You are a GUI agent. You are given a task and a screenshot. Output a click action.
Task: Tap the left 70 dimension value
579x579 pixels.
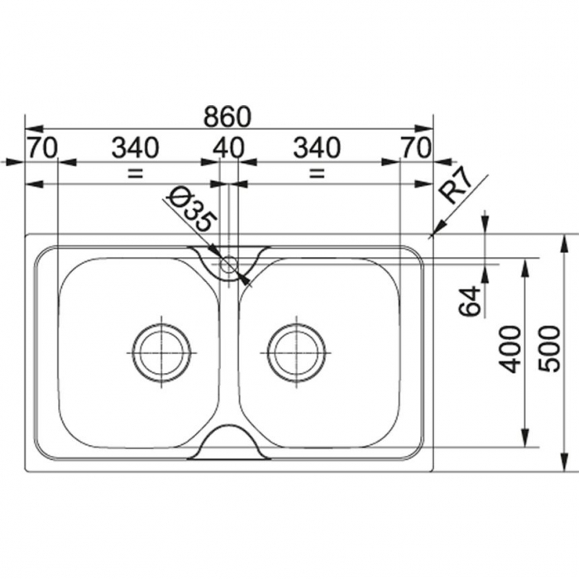click(x=43, y=148)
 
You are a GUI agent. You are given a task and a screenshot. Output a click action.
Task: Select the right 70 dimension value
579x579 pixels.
click(x=416, y=148)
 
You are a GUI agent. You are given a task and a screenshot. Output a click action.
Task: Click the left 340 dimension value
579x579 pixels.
click(x=135, y=148)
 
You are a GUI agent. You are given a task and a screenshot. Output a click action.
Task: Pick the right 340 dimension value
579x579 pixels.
click(x=317, y=148)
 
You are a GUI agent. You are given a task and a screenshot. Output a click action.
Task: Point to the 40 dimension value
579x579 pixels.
click(x=229, y=148)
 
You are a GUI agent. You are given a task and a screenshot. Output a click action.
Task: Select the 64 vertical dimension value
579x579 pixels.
click(x=470, y=301)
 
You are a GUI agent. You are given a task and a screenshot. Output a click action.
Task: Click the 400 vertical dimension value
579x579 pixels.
click(x=510, y=349)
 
